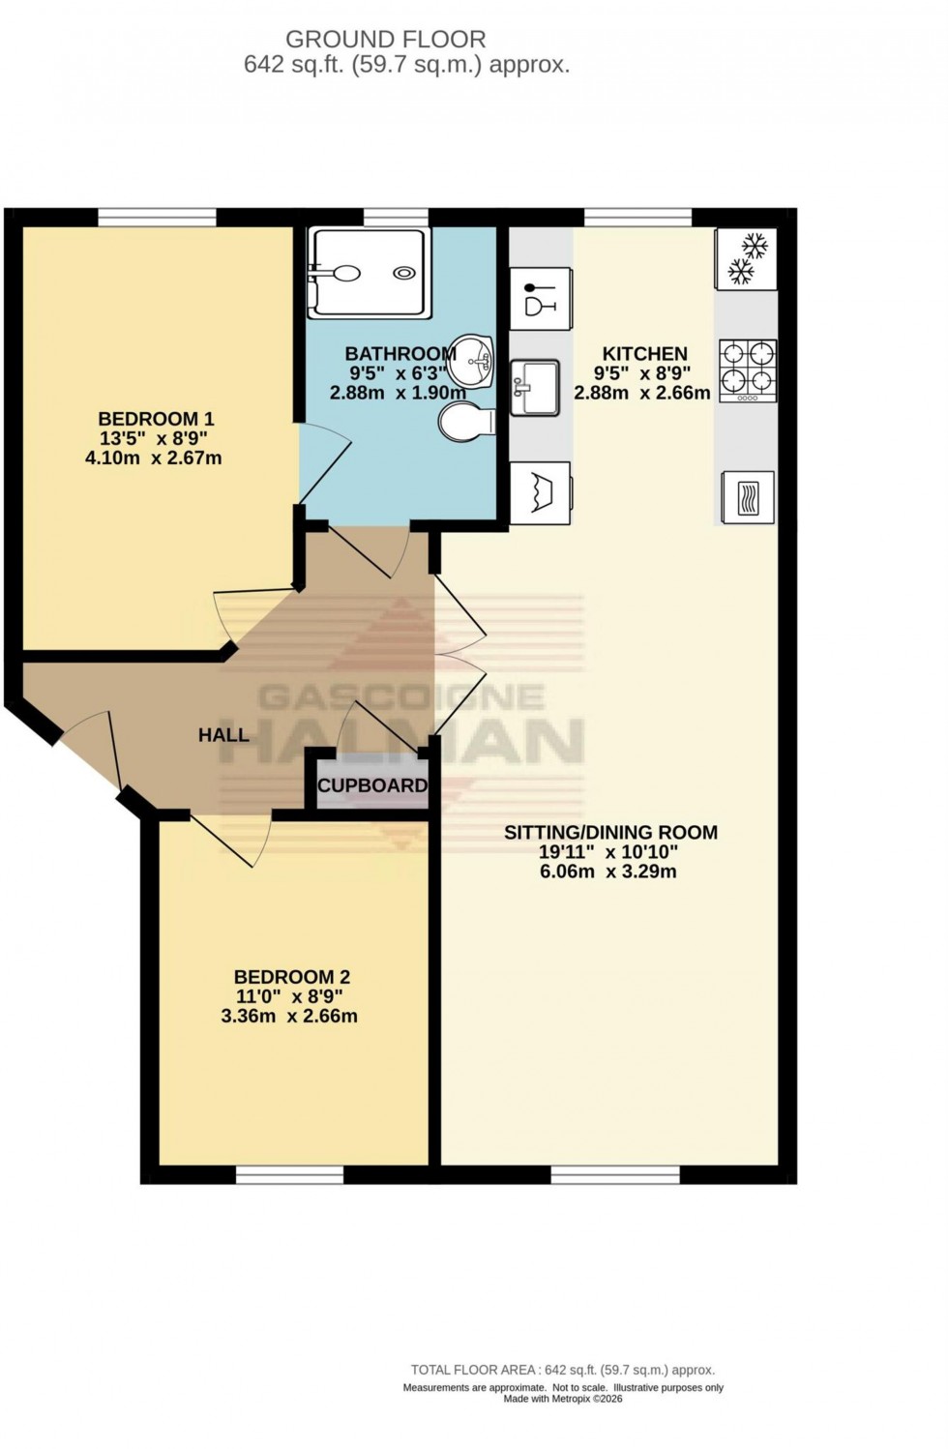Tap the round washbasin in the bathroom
pyautogui.click(x=471, y=360)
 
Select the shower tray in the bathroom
pyautogui.click(x=367, y=274)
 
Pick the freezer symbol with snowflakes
pyautogui.click(x=746, y=258)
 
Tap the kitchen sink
pyautogui.click(x=535, y=387)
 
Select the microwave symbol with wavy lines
pyautogui.click(x=747, y=497)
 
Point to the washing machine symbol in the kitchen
pyautogui.click(x=540, y=492)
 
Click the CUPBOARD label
pyautogui.click(x=372, y=785)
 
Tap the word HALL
pyautogui.click(x=223, y=735)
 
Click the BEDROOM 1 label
pyautogui.click(x=156, y=419)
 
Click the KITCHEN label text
pyautogui.click(x=644, y=354)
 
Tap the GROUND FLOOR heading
pyautogui.click(x=385, y=40)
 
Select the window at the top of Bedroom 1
pyautogui.click(x=157, y=218)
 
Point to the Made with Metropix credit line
pyautogui.click(x=563, y=1399)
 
